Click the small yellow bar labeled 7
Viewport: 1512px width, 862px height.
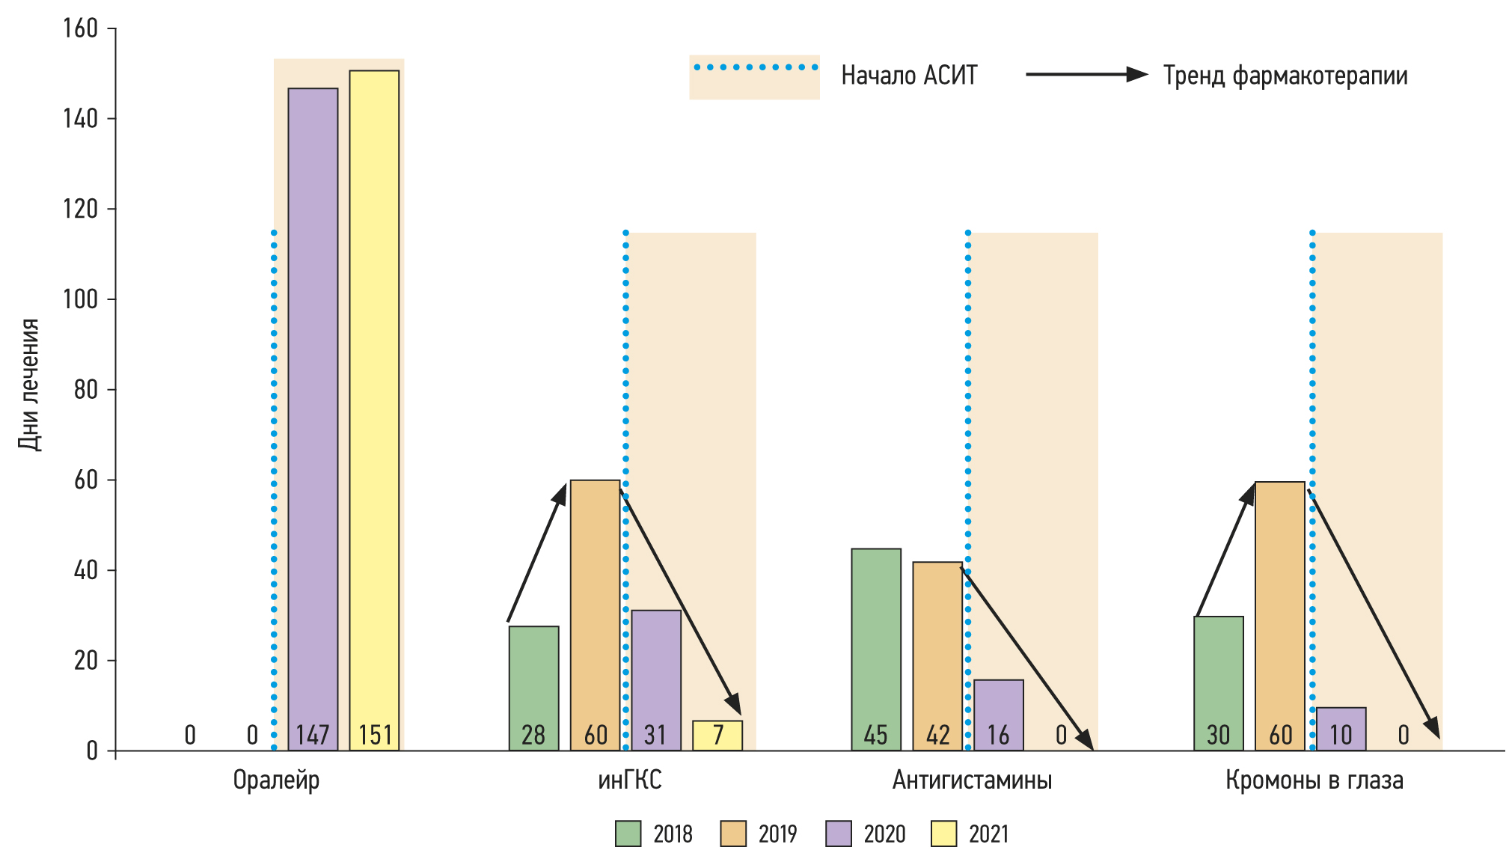[717, 735]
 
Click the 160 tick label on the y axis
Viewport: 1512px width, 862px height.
[81, 28]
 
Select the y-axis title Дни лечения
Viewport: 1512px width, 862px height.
[28, 385]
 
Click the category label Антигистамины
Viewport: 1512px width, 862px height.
[972, 780]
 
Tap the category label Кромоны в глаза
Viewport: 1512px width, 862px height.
[1314, 780]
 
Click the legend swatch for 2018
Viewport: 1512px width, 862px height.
[628, 834]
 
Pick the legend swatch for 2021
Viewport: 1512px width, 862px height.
[944, 834]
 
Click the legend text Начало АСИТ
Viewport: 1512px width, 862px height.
[909, 76]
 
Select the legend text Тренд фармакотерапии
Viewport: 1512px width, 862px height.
[1285, 76]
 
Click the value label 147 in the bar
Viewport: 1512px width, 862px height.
[313, 735]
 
